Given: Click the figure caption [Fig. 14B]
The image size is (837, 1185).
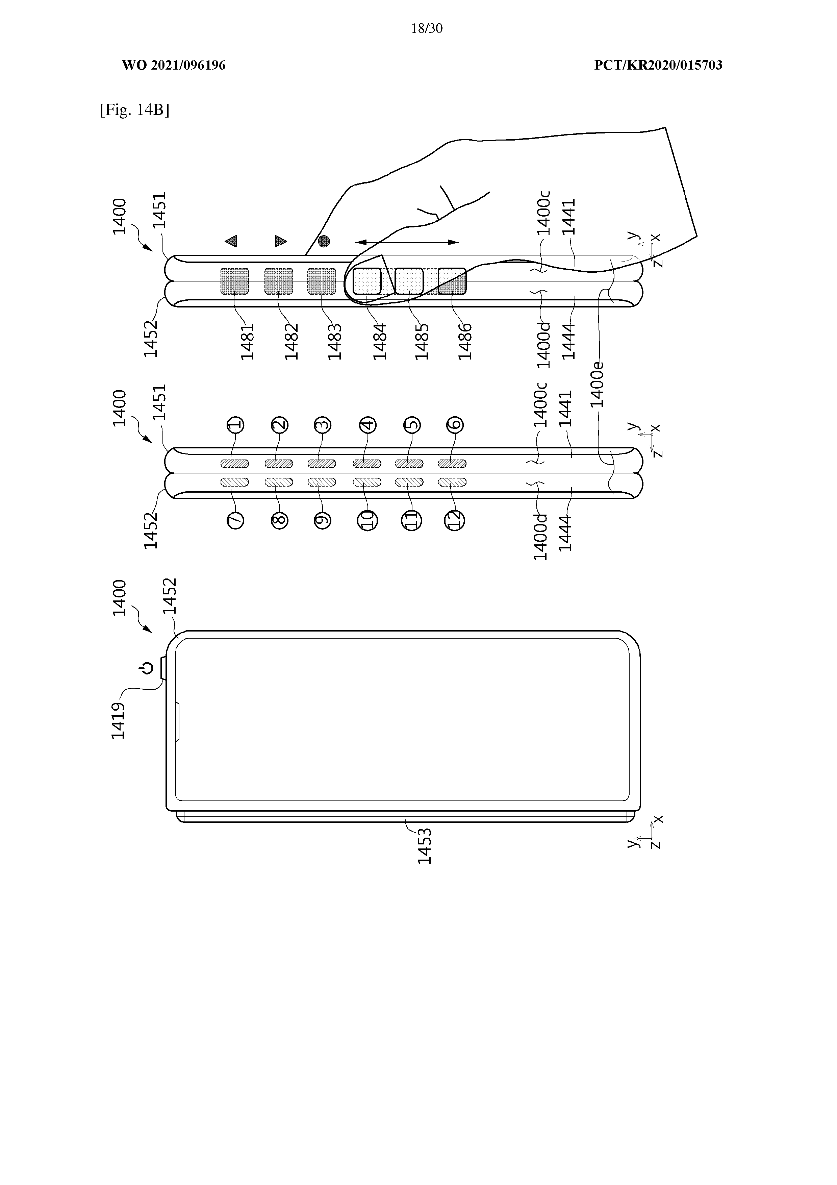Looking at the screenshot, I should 135,110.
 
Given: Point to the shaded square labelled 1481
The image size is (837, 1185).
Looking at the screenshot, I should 235,281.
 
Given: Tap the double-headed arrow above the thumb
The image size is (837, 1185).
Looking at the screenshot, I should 407,242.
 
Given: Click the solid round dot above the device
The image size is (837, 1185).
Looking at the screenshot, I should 324,241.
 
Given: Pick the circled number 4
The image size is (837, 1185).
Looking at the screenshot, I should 368,425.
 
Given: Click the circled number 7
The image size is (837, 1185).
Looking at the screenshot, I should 235,520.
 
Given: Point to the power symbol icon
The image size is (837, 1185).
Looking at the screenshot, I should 147,669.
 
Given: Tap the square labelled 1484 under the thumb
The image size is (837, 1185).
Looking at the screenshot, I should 367,281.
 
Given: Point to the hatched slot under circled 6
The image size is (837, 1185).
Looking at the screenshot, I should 452,464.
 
